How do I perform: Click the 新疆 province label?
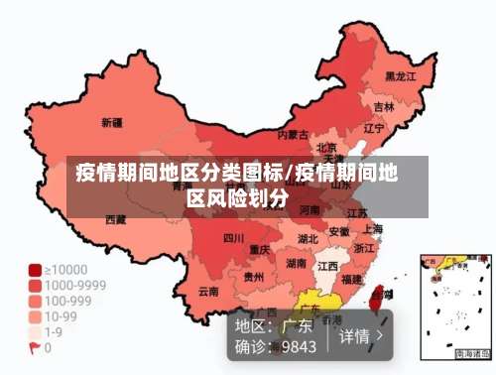pyautogui.click(x=111, y=123)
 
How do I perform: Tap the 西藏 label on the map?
pyautogui.click(x=116, y=218)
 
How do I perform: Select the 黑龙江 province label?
pyautogui.click(x=400, y=75)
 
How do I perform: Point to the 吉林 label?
pyautogui.click(x=384, y=106)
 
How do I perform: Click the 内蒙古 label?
pyautogui.click(x=293, y=134)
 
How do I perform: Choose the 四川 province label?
pyautogui.click(x=233, y=238)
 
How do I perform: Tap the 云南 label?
pyautogui.click(x=208, y=291)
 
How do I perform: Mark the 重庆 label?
pyautogui.click(x=260, y=249)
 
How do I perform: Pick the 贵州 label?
pyautogui.click(x=254, y=277)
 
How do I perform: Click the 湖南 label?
pyautogui.click(x=296, y=264)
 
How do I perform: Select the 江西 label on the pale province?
pyautogui.click(x=326, y=266)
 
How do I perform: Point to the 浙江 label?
pyautogui.click(x=365, y=248)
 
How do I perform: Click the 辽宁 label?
pyautogui.click(x=374, y=128)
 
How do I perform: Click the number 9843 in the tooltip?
pyautogui.click(x=299, y=346)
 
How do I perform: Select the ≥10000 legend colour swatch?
pyautogui.click(x=35, y=269)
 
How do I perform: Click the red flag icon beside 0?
pyautogui.click(x=35, y=348)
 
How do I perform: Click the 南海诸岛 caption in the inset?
pyautogui.click(x=472, y=353)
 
